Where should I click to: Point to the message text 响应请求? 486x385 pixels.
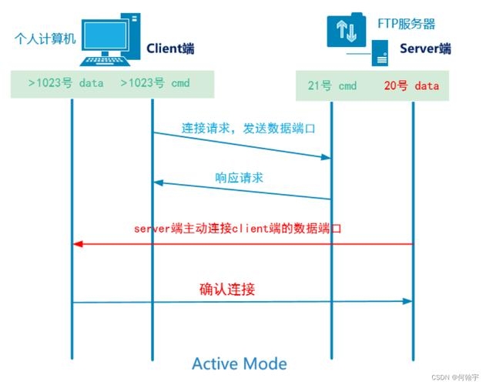(239, 177)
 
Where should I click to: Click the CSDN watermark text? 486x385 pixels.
(454, 378)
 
